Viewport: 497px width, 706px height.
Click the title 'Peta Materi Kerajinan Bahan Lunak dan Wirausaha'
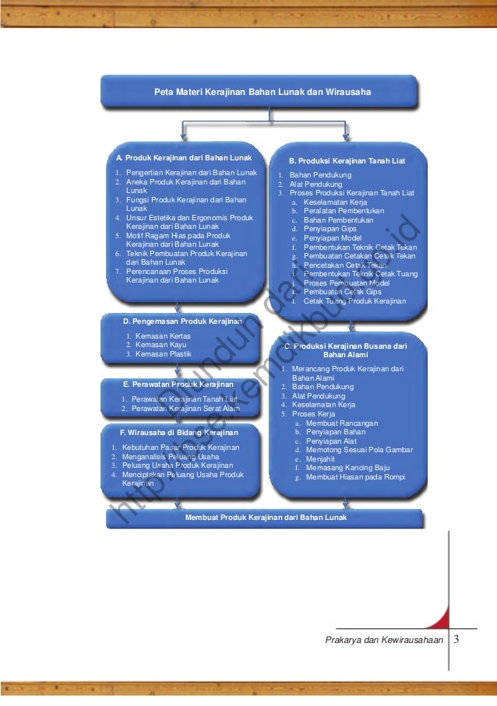click(x=262, y=93)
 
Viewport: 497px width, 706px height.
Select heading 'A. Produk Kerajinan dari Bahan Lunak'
click(x=183, y=158)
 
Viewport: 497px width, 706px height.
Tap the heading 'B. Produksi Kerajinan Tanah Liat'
click(x=347, y=160)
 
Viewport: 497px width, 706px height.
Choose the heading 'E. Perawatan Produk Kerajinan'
click(x=178, y=385)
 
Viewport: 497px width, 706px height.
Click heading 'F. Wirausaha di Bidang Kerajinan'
click(x=178, y=432)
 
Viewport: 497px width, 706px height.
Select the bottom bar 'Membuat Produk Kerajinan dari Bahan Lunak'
click(x=266, y=517)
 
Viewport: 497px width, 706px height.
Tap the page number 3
click(x=457, y=641)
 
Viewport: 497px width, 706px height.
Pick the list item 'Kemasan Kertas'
click(x=163, y=336)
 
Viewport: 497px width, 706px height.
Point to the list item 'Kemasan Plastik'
click(x=164, y=354)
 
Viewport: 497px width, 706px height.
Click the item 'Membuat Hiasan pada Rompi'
click(x=355, y=477)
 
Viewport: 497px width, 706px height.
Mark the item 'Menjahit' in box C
click(x=321, y=459)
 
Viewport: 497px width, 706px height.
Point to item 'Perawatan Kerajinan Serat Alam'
click(x=185, y=408)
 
